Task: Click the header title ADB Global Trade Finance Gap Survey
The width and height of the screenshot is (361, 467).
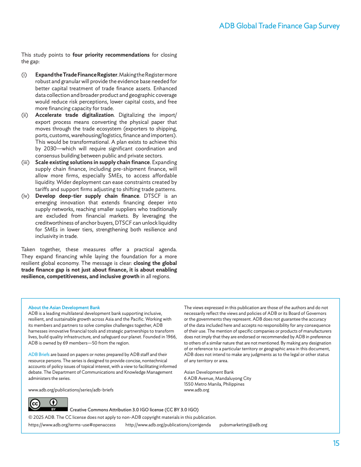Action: (279, 26)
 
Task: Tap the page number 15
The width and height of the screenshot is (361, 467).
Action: (336, 444)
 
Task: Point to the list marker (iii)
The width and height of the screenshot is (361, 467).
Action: (26, 162)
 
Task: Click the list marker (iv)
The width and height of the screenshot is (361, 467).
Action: (26, 196)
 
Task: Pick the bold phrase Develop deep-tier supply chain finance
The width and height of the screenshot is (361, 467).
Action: (87, 196)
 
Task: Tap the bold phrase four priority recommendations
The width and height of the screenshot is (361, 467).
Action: (111, 55)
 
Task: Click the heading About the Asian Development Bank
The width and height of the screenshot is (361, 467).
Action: (64, 307)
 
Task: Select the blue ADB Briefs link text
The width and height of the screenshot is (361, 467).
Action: (39, 355)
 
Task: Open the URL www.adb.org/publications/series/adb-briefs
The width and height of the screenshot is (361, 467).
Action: (71, 390)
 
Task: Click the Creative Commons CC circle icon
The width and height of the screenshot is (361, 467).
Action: (35, 404)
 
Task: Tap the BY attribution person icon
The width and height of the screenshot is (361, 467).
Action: (54, 402)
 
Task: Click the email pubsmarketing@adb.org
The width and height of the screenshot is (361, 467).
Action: (243, 425)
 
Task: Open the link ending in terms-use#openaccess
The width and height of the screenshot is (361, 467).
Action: (72, 425)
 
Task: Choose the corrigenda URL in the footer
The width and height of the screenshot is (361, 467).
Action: (168, 425)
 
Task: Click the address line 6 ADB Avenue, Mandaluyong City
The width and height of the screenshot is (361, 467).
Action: (218, 379)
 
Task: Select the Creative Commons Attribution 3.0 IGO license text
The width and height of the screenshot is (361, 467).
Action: (134, 410)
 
